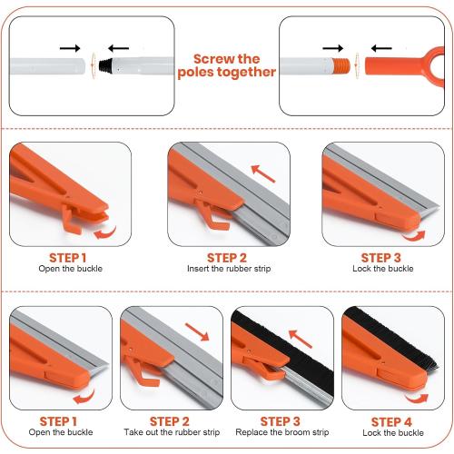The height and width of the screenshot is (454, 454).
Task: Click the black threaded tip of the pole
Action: coord(105,65)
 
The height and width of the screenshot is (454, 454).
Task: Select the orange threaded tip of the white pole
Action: coord(340,65)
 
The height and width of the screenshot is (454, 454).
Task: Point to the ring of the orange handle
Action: coord(438,64)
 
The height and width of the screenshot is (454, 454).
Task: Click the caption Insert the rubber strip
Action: coord(227,269)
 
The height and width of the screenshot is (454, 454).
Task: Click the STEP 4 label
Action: coord(391,421)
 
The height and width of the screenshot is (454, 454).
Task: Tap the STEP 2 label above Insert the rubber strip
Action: coord(227,257)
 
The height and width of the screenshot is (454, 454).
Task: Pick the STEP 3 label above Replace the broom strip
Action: coord(281,421)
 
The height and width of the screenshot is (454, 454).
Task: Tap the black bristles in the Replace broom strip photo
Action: coord(291,340)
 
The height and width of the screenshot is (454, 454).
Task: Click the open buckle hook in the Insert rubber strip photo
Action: coord(211,217)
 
